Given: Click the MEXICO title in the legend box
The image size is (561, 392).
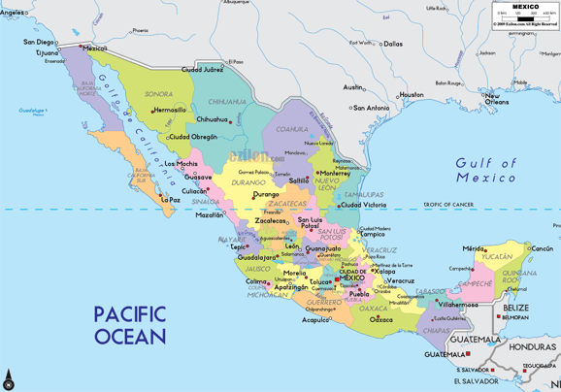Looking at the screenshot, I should click(526, 6).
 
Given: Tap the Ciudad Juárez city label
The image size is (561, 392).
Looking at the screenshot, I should click(202, 70).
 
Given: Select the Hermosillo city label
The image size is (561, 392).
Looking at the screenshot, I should click(169, 110).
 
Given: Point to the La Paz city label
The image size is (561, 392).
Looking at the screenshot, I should click(170, 200).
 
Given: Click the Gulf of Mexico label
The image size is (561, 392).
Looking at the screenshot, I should click(486, 170).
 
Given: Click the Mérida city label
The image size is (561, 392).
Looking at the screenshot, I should click(473, 248).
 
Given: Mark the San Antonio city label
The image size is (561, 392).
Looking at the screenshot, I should click(371, 108).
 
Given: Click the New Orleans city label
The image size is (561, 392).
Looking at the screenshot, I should click(497, 99).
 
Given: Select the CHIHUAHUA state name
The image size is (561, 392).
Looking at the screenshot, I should click(227, 101).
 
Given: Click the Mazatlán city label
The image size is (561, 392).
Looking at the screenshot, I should click(209, 214).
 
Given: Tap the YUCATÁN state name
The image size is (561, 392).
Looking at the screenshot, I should click(497, 257).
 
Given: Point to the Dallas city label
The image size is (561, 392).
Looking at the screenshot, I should click(392, 44).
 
